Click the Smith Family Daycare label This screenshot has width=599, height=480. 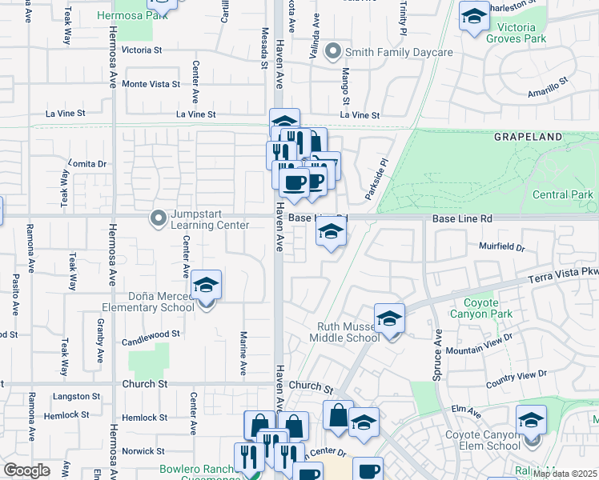(x=399, y=53)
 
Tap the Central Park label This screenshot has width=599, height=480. (x=562, y=194)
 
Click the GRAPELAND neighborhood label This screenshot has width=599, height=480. (x=528, y=138)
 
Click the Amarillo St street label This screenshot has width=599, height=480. (x=547, y=87)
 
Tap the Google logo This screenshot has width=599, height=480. (x=27, y=470)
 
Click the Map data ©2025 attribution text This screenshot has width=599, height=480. (x=565, y=474)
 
